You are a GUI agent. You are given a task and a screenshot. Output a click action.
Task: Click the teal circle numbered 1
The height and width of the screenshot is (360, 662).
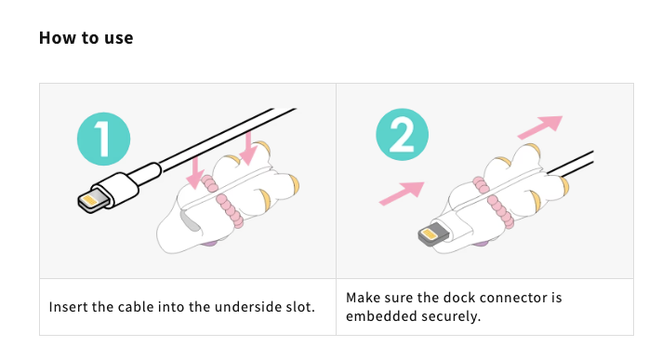(103, 139)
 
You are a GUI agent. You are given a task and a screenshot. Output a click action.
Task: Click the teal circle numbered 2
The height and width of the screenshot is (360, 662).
(402, 135)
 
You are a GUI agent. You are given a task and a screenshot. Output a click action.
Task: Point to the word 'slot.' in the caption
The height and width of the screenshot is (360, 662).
(300, 307)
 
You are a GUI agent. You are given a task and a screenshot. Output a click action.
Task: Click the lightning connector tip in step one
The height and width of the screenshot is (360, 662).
(90, 201)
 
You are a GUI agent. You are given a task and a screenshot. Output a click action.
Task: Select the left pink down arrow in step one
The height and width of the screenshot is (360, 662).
(195, 173)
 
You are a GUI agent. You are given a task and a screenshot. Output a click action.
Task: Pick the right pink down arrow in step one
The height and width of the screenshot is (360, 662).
(248, 148)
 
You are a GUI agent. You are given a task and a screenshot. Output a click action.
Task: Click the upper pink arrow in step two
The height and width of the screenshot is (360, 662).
(540, 127)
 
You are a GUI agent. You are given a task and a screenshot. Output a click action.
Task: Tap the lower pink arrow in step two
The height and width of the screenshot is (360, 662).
(402, 193)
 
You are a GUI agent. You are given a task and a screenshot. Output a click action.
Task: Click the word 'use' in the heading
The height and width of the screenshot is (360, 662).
(119, 38)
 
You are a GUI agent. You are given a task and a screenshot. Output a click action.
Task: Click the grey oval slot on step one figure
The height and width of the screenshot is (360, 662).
(190, 220)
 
